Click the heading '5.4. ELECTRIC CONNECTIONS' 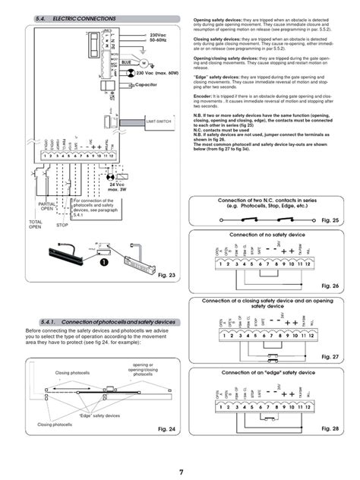(x=76, y=17)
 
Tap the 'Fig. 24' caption (x=166, y=429)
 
